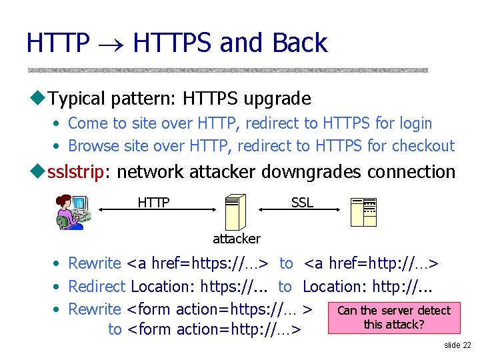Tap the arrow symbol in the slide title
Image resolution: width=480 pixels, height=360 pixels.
coord(111,44)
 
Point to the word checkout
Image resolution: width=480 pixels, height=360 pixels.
coord(423,146)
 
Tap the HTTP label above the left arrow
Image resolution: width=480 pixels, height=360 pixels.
coord(153,202)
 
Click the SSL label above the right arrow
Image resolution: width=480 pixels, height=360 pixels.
coord(302,202)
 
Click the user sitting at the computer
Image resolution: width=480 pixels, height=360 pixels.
coord(71,212)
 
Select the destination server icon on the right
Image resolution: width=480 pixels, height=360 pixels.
coord(364,213)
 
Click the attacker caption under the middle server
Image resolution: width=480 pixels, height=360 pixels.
coord(236,238)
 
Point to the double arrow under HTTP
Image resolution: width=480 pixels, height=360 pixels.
coord(154,210)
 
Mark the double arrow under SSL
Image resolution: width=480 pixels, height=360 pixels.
coord(301,210)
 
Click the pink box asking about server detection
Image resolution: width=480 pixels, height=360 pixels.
coord(394,317)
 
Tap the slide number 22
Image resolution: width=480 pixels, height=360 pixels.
coord(457,345)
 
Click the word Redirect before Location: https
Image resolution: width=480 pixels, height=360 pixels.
coord(97,287)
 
